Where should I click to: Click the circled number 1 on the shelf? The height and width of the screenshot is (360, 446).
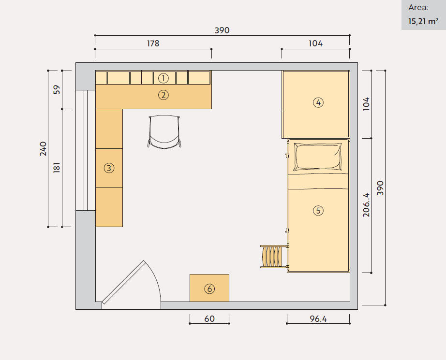coord(164,78)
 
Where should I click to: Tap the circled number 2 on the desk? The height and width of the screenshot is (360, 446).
coord(164,95)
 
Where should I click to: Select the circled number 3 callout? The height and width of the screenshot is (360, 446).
coord(109,168)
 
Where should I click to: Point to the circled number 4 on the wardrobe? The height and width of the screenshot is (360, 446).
coord(318,102)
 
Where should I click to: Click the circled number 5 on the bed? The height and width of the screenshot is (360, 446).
coord(318,211)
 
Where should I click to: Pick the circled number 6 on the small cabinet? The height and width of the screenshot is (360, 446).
coord(209,289)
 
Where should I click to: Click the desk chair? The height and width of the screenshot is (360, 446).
coord(164,131)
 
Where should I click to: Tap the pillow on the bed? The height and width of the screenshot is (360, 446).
coord(317,157)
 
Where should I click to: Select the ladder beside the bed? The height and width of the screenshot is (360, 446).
coord(274,257)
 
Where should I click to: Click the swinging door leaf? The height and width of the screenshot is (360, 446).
coord(123,282)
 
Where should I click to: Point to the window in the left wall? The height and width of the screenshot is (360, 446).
coord(85,150)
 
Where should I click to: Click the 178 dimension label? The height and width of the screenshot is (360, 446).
coord(153,43)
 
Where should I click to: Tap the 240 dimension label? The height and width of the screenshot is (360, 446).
coord(43,149)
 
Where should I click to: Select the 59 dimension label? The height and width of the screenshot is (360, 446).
coord(57,89)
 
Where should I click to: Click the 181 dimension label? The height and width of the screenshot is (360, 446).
coord(57,167)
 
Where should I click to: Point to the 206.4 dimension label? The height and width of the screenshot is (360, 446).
coord(366,205)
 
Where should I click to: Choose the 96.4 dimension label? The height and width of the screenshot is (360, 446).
coord(318,319)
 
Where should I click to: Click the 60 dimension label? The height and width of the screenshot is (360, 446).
coord(209,319)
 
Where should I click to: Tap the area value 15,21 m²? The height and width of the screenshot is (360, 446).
coord(423,21)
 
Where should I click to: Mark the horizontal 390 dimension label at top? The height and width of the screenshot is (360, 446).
coord(222,30)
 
